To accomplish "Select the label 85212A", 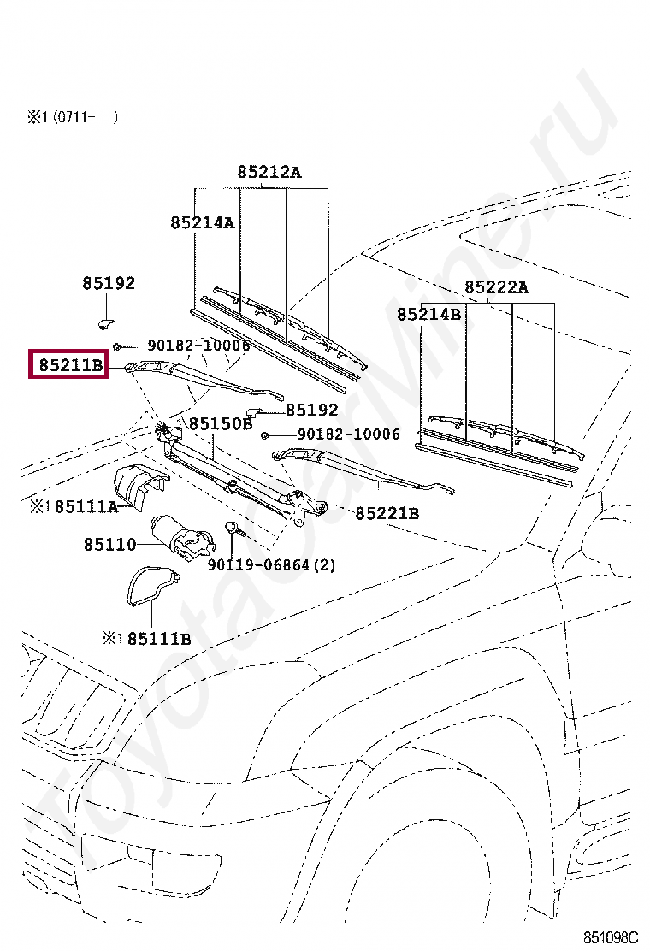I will point(269,172).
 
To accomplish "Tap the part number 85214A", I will point(202,222).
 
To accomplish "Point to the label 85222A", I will point(496,287).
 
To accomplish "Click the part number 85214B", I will point(428,315).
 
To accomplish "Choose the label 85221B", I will point(387,513).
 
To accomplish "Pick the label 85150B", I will point(221,423).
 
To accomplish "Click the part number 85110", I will point(109,544).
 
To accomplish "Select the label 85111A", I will point(86,507).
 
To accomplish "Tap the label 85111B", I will point(159,639).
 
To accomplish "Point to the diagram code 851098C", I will point(611,937).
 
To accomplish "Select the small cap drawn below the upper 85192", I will point(105,322).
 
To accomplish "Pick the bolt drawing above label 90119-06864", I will point(233,528).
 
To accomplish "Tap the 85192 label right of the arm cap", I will point(311,411).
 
